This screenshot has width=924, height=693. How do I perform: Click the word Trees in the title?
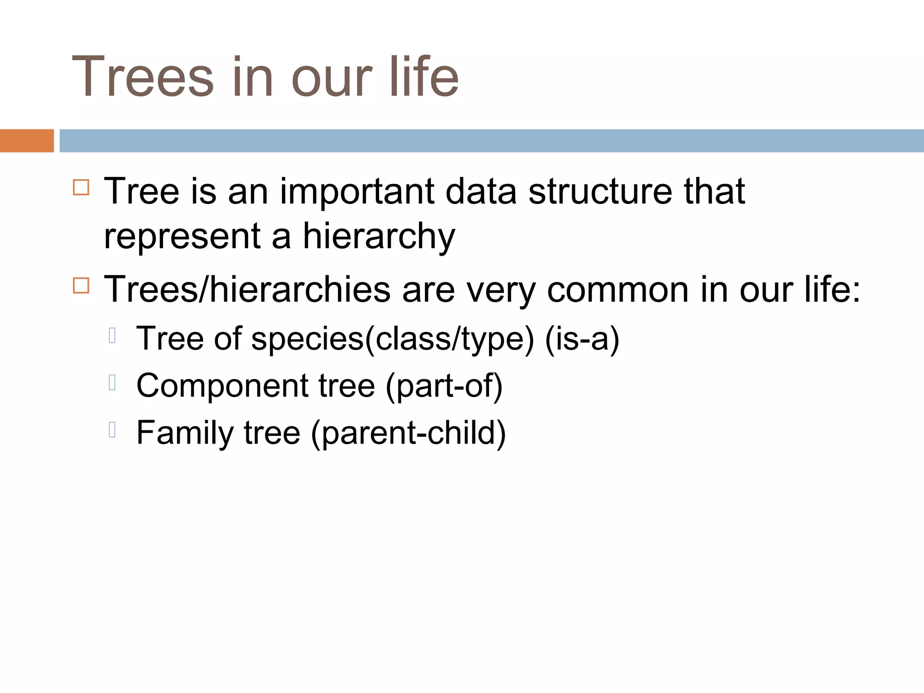coord(143,77)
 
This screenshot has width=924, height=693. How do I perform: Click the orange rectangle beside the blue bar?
coord(27,141)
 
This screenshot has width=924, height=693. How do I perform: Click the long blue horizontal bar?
coord(491,141)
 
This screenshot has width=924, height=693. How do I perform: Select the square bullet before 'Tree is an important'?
coord(81,187)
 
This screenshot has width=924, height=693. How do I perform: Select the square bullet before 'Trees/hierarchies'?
coord(81,285)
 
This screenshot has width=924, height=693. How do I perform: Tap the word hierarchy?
coord(379,237)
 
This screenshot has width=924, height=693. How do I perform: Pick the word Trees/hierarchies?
coord(247,290)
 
